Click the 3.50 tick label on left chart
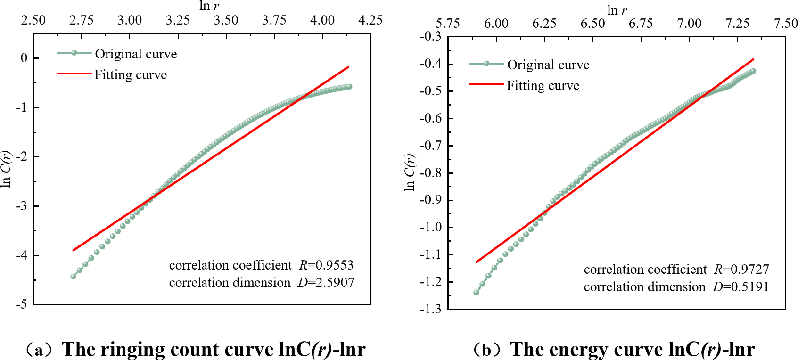point(226,20)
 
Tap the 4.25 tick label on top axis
point(370,20)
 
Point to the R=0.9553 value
point(326,265)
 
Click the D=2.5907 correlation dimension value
point(326,283)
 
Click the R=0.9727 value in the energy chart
point(741,270)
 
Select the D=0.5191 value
point(740,287)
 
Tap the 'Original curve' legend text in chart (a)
point(136,54)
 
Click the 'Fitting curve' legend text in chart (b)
point(543,86)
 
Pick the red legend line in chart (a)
point(74,74)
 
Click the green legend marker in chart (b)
point(486,63)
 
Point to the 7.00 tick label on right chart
point(689,23)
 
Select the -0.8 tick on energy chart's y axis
point(430,173)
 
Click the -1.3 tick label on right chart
point(430,309)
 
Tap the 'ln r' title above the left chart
point(209,6)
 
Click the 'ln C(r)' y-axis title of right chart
point(410,172)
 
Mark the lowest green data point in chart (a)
point(73,276)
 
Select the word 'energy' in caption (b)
point(574,350)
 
